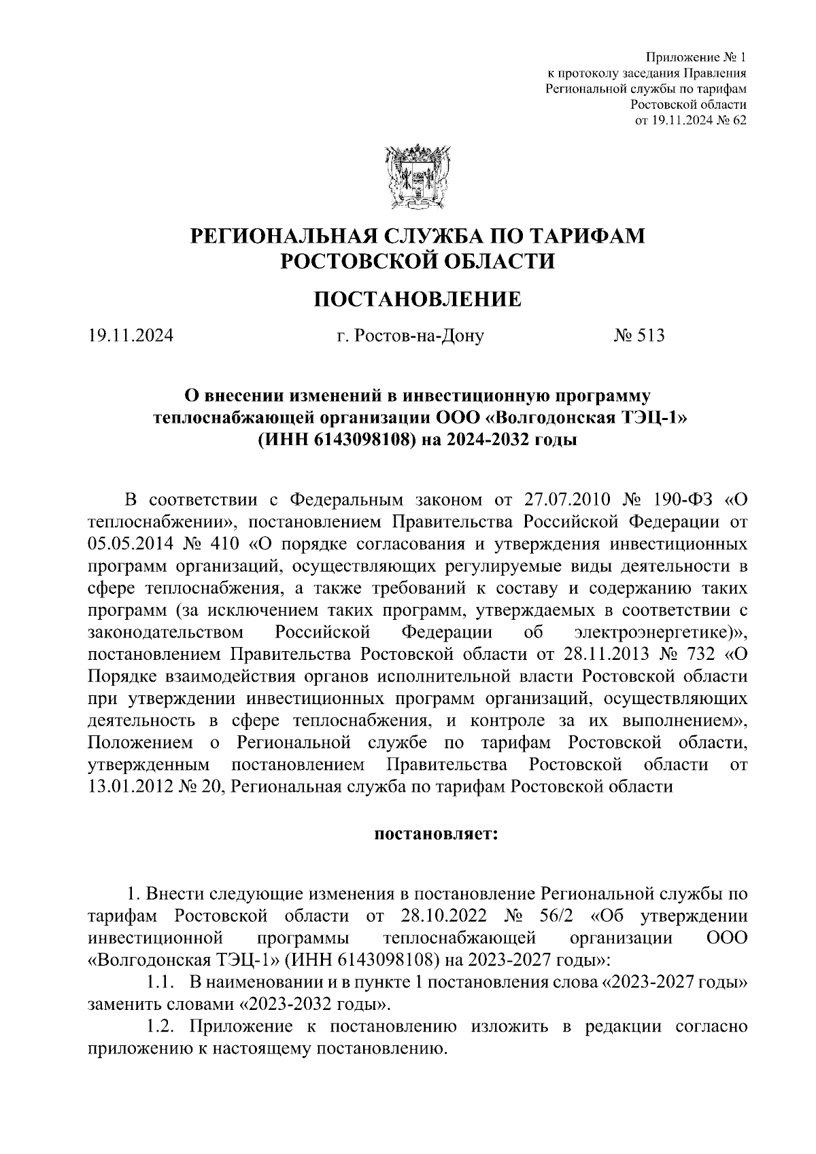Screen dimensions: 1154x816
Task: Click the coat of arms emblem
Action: coord(417,175)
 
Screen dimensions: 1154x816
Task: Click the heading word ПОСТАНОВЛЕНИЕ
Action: coord(417,299)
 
